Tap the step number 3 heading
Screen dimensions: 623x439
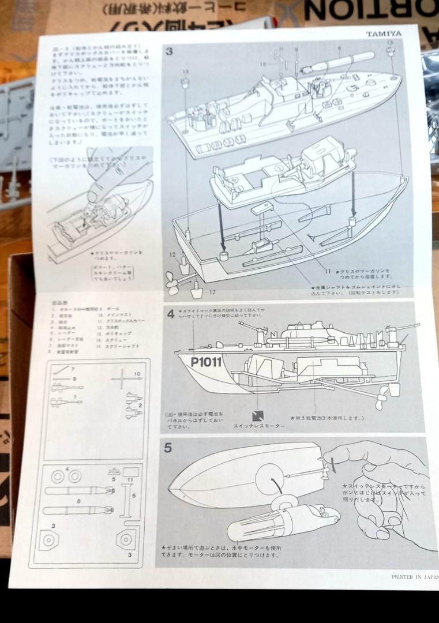click(169, 51)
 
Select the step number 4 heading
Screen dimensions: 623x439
click(171, 314)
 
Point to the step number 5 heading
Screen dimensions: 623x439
click(168, 448)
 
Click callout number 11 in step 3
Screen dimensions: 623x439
click(327, 271)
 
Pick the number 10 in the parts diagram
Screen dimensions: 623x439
click(137, 374)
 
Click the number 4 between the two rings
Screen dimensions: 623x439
click(67, 468)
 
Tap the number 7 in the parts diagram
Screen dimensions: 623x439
click(73, 368)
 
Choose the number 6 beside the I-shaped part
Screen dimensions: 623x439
click(134, 495)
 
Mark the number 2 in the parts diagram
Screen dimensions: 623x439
click(139, 406)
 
